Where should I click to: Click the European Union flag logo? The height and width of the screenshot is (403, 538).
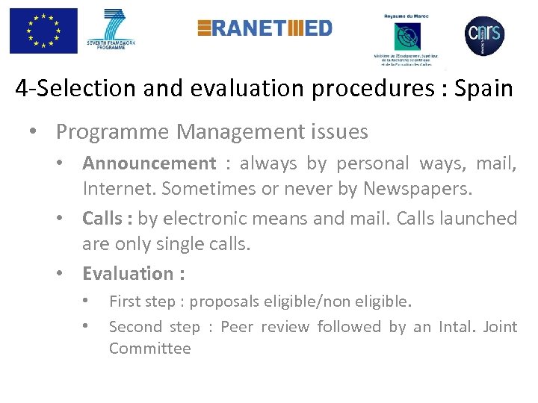tap(43, 31)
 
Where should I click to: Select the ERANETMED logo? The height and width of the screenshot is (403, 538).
tap(265, 28)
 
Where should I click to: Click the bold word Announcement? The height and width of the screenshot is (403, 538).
tap(149, 163)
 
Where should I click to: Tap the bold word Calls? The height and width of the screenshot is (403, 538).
tap(102, 218)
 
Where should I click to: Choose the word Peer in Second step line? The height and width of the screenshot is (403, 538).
tap(238, 327)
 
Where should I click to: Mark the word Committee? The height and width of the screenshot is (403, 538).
tap(149, 349)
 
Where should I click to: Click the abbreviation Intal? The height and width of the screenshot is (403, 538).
tap(450, 327)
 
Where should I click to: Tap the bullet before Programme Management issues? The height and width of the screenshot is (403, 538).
tap(34, 133)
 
